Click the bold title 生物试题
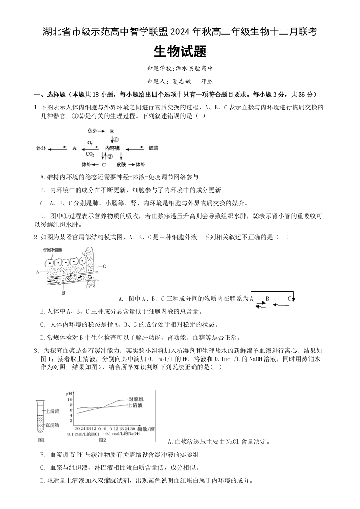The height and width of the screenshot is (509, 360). point(180,52)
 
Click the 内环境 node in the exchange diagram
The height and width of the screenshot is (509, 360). point(112,148)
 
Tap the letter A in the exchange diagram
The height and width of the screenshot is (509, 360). point(74,148)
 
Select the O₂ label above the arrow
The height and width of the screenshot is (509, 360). point(90,143)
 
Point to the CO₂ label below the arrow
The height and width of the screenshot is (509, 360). point(90,154)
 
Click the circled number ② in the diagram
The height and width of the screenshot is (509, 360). point(110,156)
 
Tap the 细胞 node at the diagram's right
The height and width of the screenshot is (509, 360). point(153,148)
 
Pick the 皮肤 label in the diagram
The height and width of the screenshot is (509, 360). point(121,164)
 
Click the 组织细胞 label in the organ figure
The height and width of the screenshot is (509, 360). point(53,250)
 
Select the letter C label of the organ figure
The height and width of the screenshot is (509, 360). point(104,266)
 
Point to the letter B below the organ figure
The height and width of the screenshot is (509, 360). point(64,293)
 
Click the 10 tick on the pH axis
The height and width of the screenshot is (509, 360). point(70,400)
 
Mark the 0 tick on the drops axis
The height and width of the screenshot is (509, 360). point(105,428)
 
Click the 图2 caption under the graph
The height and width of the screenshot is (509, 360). point(101,439)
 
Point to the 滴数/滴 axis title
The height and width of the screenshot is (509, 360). point(145,428)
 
